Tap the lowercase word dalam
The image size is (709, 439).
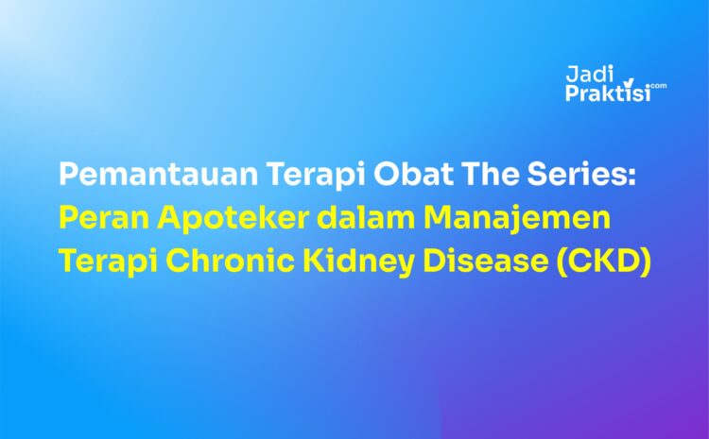point(365,219)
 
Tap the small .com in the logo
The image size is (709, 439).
point(658,85)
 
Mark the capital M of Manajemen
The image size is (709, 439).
point(439,219)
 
